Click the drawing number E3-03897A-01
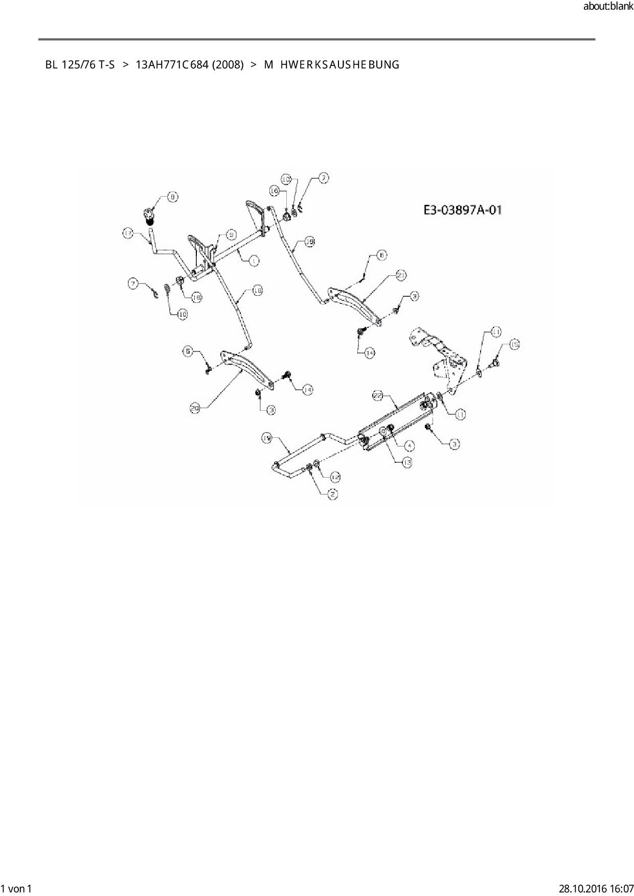click(x=462, y=210)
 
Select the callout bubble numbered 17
click(x=128, y=233)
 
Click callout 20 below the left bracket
click(x=194, y=408)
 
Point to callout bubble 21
click(x=401, y=275)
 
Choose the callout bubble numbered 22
click(x=378, y=395)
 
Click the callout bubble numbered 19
click(x=267, y=438)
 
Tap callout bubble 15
click(x=514, y=345)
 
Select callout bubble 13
click(x=407, y=462)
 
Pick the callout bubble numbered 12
click(x=335, y=477)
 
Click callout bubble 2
click(x=332, y=494)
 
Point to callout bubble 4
click(x=410, y=445)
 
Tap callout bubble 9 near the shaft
click(x=231, y=234)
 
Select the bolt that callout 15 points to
click(x=495, y=364)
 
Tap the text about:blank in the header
click(x=608, y=7)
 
